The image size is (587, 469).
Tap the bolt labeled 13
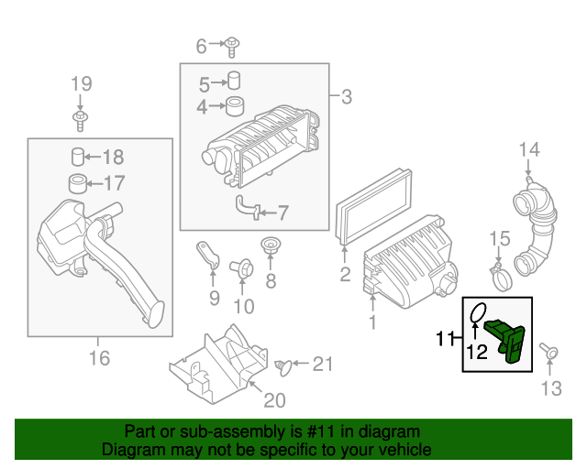(x=548, y=352)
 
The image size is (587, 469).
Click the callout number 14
(x=530, y=149)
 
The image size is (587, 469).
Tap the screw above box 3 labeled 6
(x=233, y=44)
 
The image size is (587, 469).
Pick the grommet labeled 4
(x=234, y=105)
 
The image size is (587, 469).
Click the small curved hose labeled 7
(x=244, y=209)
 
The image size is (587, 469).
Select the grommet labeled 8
(x=271, y=247)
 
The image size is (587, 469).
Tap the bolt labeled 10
(x=243, y=268)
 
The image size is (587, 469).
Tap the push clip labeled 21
(x=284, y=365)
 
